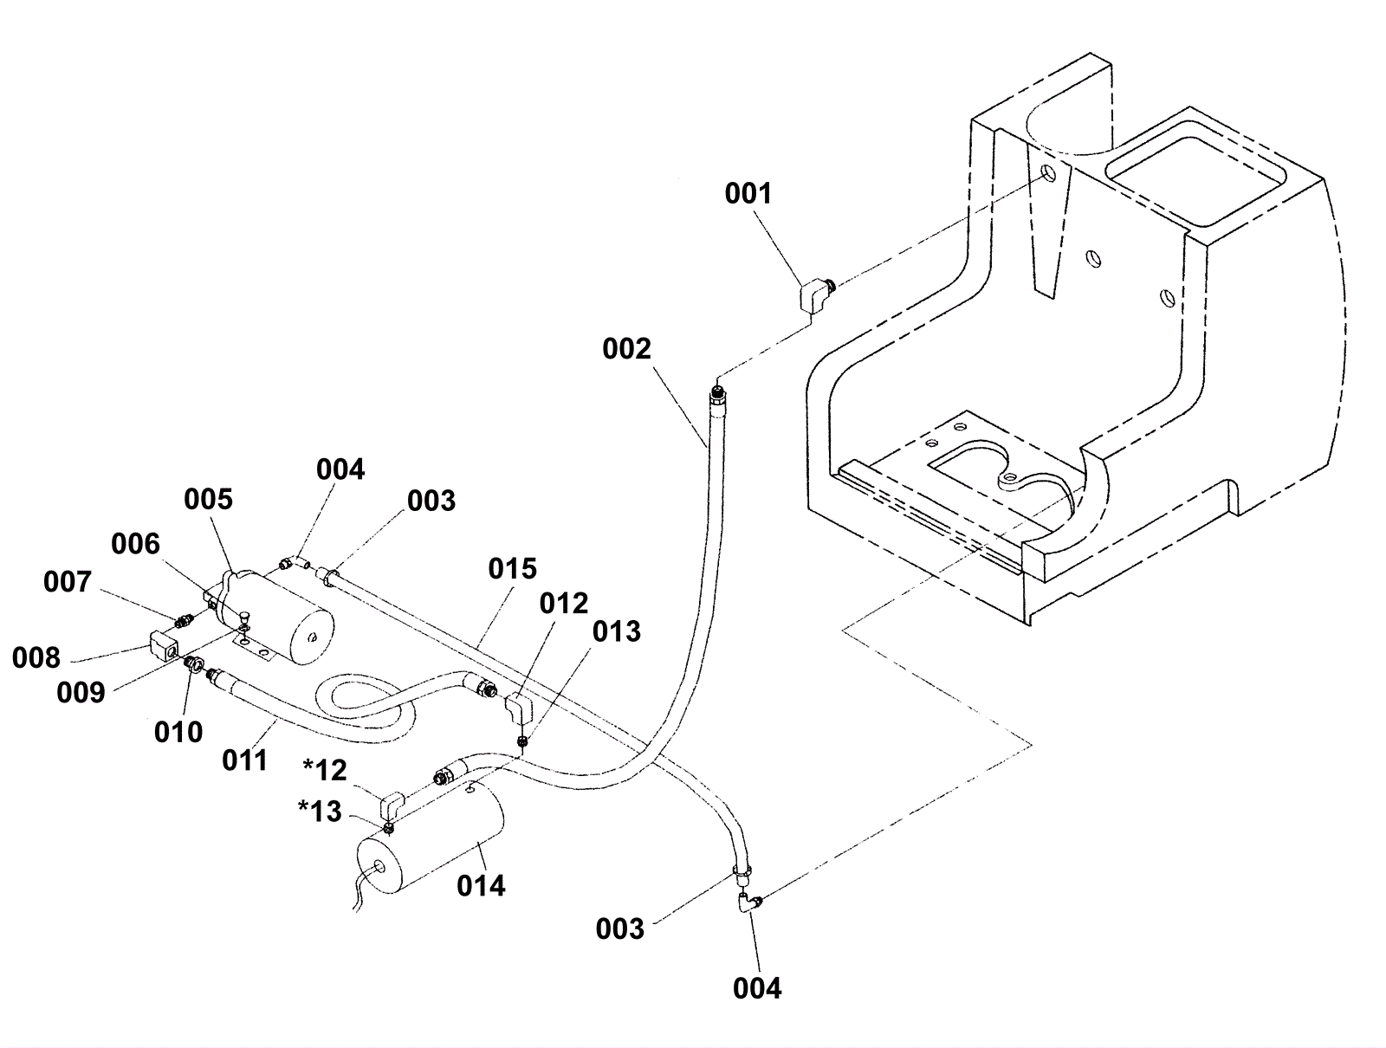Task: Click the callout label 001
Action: [748, 193]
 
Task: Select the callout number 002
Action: [626, 348]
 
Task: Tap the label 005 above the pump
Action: [209, 500]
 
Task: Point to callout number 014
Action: [481, 886]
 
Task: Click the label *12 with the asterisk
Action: [325, 770]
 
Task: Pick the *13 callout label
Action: [321, 812]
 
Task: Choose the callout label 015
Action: [513, 569]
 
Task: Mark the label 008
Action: [36, 658]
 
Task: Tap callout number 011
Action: [245, 760]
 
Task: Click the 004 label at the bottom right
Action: [757, 988]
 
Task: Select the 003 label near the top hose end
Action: [431, 501]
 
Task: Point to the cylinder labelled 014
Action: [431, 836]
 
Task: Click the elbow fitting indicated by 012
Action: [519, 708]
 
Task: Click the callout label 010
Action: [178, 733]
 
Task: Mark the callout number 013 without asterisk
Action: [616, 632]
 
